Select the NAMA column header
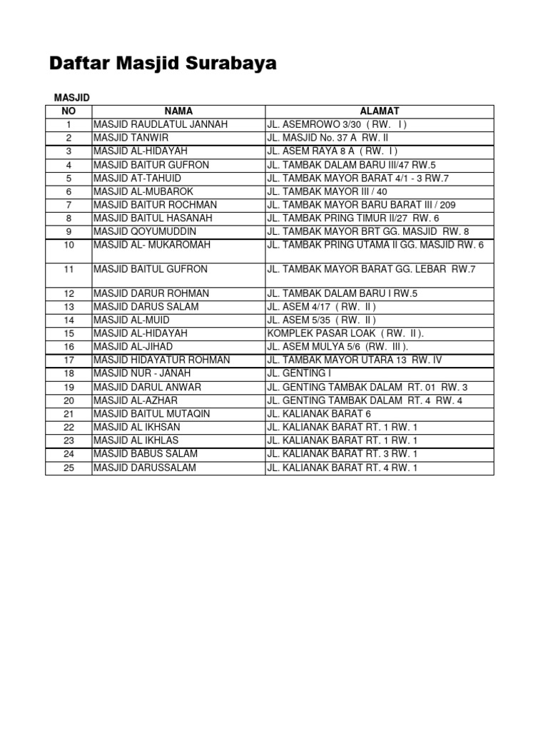click(x=178, y=111)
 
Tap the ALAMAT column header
click(x=379, y=111)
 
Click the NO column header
click(x=68, y=111)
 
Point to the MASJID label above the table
click(x=72, y=97)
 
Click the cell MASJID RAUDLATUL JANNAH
click(x=161, y=124)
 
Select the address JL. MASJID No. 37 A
click(x=327, y=138)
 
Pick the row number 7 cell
click(x=68, y=205)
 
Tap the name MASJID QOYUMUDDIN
click(x=145, y=231)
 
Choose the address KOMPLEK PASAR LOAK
click(x=345, y=333)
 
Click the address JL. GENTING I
click(x=298, y=373)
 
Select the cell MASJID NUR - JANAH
click(x=142, y=373)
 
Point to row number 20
click(x=68, y=400)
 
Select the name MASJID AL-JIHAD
click(x=133, y=346)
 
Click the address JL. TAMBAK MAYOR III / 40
click(x=328, y=191)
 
